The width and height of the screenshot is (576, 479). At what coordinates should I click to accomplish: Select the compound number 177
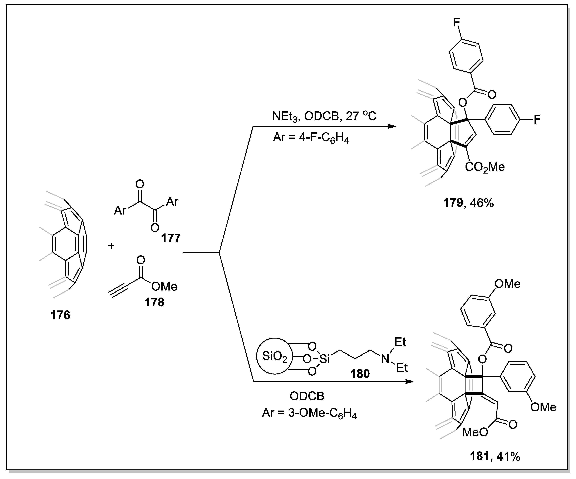tap(171, 238)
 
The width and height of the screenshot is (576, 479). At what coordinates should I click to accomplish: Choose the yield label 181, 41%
tap(495, 457)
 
